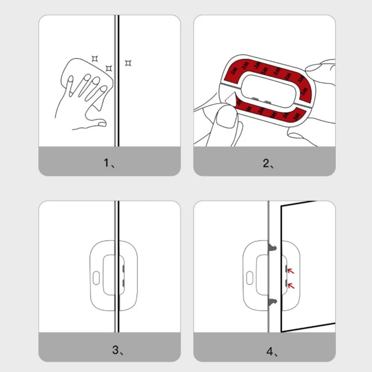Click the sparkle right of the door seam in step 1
128,62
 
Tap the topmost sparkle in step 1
94,58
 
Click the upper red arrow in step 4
291,270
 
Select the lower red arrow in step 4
291,285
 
